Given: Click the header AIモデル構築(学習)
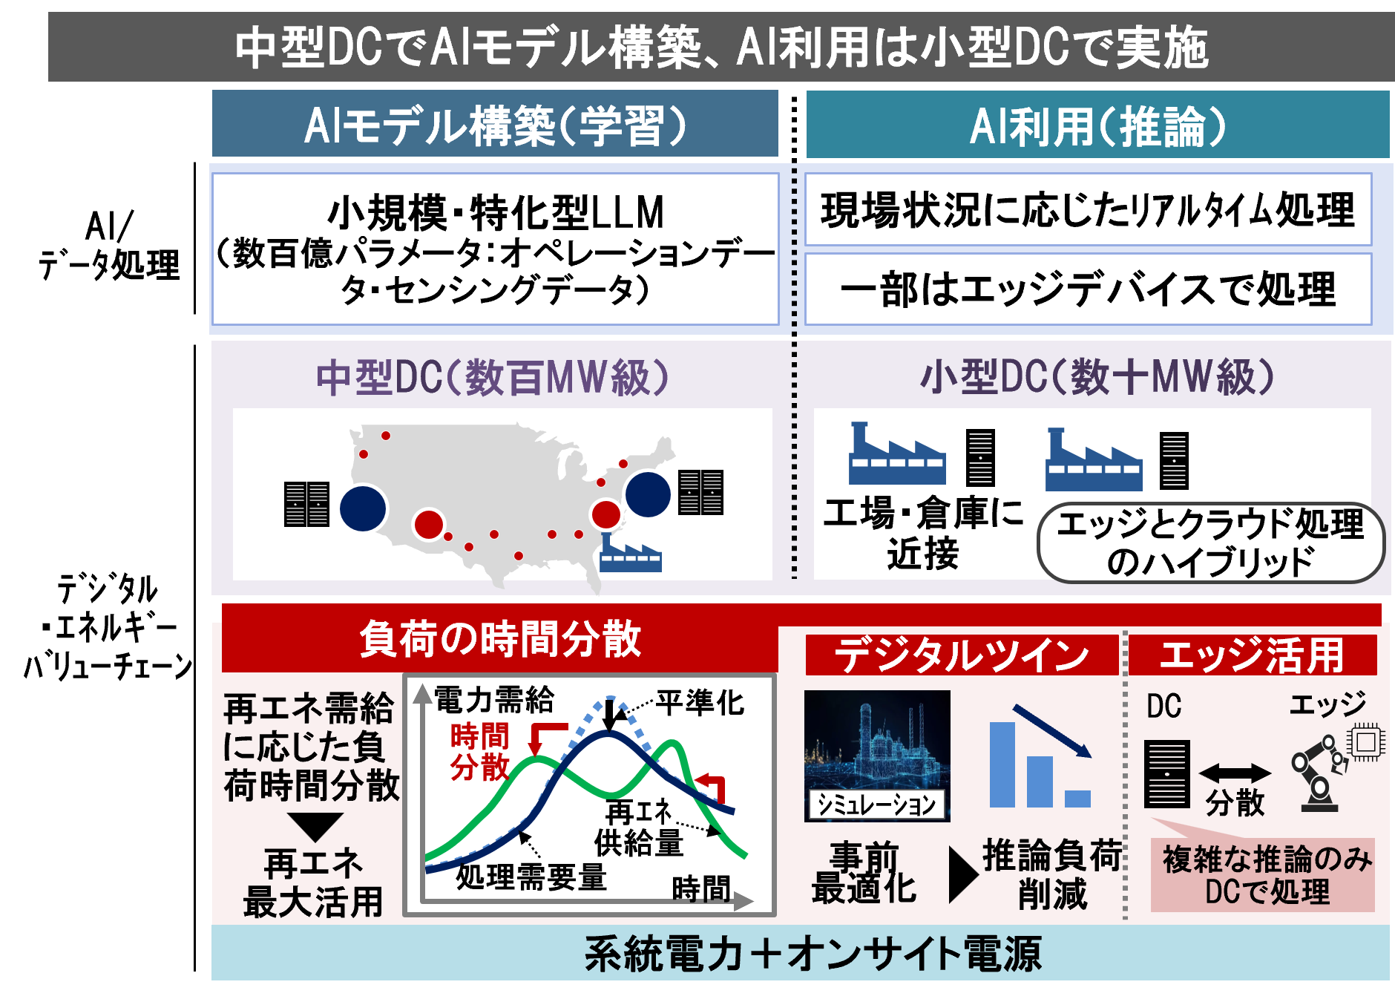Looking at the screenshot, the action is click(x=495, y=124).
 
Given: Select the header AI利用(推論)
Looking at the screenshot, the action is click(x=1097, y=125).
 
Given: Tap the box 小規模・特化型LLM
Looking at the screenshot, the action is click(x=495, y=249).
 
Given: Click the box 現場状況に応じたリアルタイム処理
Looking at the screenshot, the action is click(x=1089, y=209).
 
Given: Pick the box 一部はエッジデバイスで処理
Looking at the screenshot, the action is click(x=1089, y=289).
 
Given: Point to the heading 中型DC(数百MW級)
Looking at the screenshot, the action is click(x=493, y=377).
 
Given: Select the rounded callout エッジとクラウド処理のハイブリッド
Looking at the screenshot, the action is click(x=1211, y=543).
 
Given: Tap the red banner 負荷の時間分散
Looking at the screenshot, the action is click(x=499, y=638).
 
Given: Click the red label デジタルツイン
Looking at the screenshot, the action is click(x=962, y=655).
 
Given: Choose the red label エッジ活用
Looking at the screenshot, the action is click(x=1253, y=655).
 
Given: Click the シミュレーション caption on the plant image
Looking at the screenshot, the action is click(x=877, y=805).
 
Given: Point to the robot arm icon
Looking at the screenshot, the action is click(x=1319, y=772).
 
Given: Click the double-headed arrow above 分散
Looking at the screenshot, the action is click(x=1235, y=773).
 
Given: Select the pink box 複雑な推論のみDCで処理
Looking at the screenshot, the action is click(x=1262, y=875).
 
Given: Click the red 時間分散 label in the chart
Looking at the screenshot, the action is click(x=480, y=751).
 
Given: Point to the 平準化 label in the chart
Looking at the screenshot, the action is click(x=700, y=702).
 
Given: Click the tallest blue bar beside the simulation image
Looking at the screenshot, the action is click(x=1002, y=764).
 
